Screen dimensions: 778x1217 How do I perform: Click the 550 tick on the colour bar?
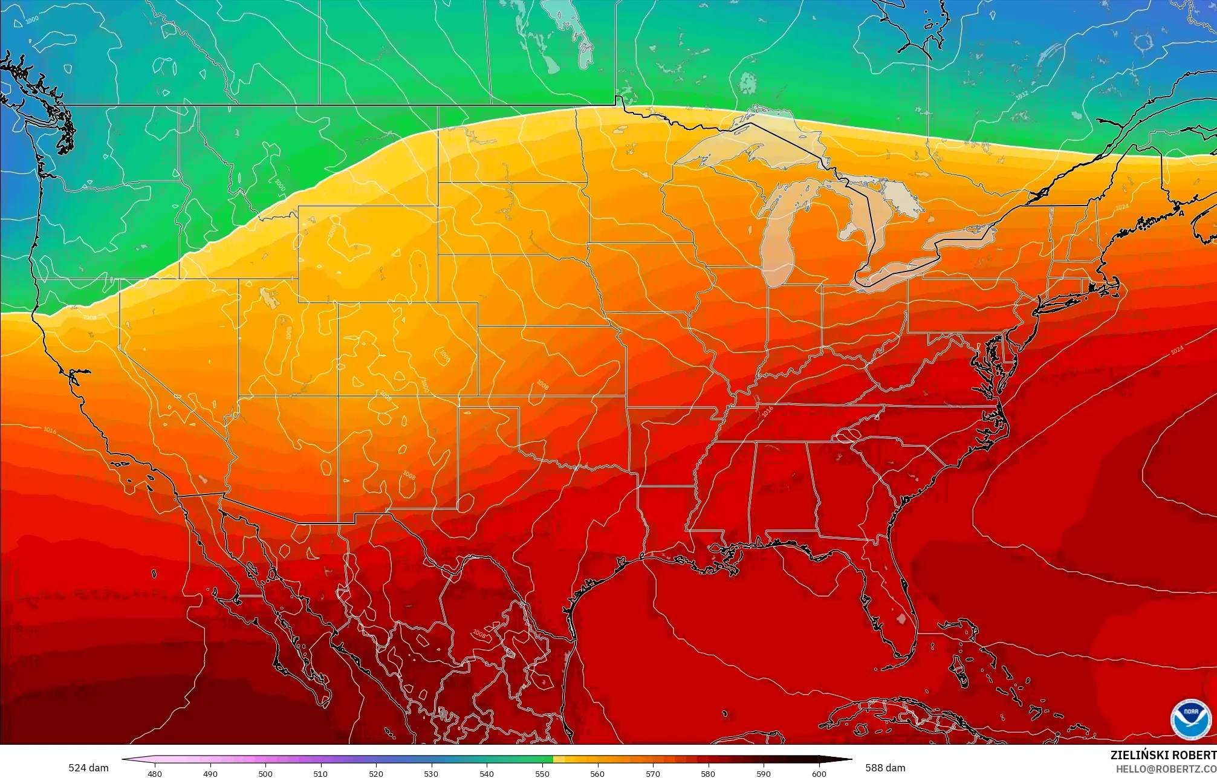click(542, 773)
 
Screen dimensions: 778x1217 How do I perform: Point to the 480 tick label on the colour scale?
click(155, 773)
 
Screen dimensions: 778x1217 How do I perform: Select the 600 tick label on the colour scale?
click(819, 773)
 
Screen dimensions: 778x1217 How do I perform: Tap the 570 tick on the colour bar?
click(652, 773)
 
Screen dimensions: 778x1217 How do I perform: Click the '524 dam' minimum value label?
click(88, 768)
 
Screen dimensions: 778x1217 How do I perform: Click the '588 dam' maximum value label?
click(885, 768)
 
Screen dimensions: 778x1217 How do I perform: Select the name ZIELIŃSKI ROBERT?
click(1163, 755)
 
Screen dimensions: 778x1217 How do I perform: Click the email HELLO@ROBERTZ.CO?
click(1166, 768)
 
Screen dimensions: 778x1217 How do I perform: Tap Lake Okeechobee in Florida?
click(903, 618)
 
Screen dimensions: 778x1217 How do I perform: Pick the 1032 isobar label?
click(1021, 96)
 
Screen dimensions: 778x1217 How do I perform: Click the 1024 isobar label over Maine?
click(1121, 207)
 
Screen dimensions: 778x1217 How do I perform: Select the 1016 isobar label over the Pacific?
click(50, 430)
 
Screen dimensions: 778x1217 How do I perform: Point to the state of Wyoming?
click(368, 254)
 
